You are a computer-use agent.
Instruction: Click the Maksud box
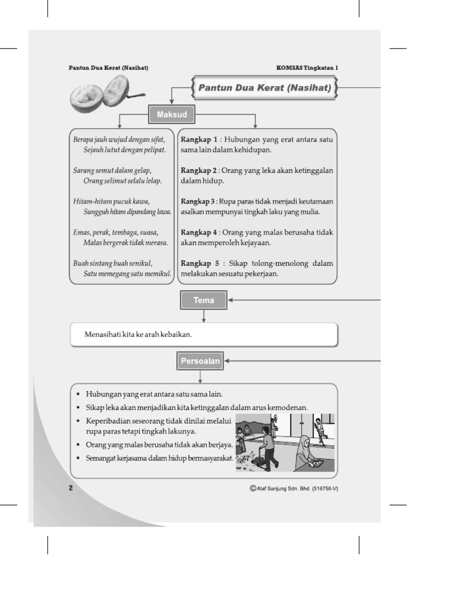[172, 114]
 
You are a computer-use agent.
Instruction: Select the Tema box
[203, 300]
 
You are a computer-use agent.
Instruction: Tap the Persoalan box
[200, 361]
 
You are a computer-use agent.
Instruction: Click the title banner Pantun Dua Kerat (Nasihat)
[264, 87]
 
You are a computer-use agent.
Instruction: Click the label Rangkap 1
[199, 139]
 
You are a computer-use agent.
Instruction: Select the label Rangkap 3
[198, 201]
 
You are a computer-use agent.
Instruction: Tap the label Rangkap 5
[199, 264]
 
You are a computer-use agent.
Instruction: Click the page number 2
[71, 487]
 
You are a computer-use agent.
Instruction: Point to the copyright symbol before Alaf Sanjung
[253, 488]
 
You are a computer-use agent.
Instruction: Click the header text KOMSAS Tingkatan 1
[307, 67]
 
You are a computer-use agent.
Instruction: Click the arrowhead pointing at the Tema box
[231, 300]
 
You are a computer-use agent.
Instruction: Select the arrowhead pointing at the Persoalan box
[227, 361]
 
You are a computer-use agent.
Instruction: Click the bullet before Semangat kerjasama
[78, 458]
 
